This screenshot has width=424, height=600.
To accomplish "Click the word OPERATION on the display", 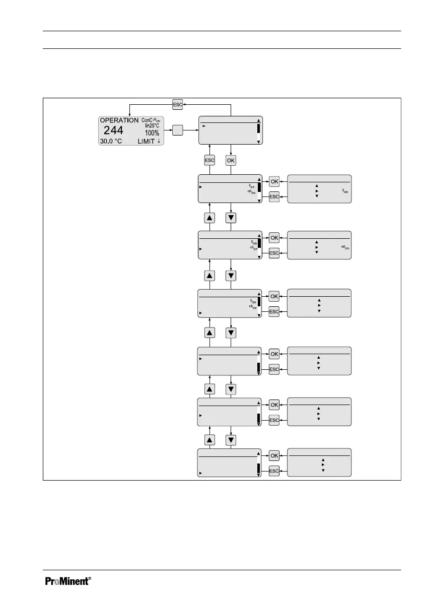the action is tap(119, 121).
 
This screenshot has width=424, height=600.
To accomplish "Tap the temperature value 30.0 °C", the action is tap(111, 141).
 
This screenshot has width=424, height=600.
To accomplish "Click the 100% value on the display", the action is tap(152, 133).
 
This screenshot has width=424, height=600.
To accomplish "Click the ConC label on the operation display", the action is tap(147, 120).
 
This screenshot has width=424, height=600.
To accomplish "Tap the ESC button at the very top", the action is tap(178, 104).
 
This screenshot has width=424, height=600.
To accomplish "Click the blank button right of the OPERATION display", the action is tap(178, 130).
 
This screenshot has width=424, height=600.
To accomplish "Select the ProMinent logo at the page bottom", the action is tap(68, 581).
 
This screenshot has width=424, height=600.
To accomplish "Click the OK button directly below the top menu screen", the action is tap(231, 160).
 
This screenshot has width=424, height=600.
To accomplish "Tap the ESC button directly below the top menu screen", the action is tap(209, 160).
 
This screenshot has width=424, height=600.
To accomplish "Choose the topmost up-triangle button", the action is tap(209, 218).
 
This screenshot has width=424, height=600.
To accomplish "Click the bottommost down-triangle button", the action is tap(231, 440).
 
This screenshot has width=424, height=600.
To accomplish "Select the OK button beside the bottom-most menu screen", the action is tap(274, 455).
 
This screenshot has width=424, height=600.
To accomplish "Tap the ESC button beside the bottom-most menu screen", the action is tap(274, 471).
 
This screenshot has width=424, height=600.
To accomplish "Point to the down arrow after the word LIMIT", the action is tap(159, 142).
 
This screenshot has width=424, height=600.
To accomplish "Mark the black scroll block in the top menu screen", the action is tap(259, 127).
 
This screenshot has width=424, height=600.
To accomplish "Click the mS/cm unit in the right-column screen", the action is tap(344, 247).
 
